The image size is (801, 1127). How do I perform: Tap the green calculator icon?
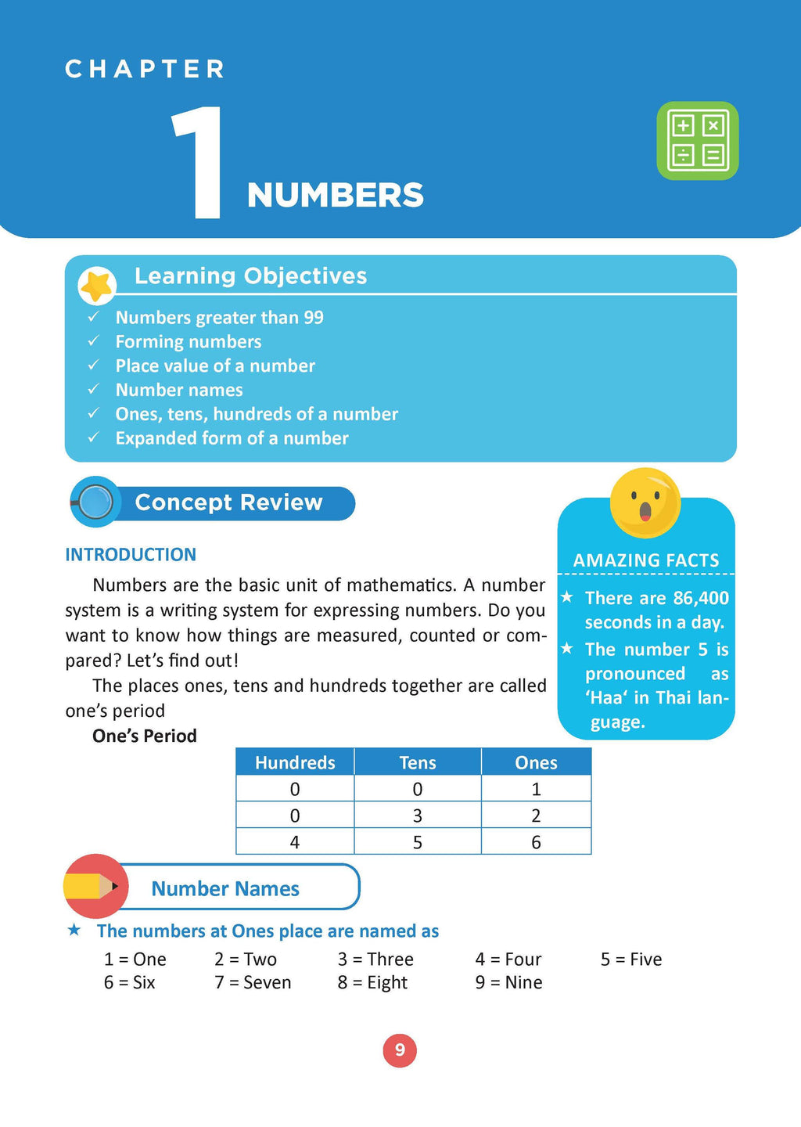(698, 141)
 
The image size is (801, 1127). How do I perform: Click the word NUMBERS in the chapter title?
(335, 196)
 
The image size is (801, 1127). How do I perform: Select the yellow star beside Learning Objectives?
(98, 286)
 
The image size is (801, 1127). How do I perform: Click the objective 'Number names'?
(179, 390)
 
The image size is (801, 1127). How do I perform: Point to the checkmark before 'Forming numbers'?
(94, 341)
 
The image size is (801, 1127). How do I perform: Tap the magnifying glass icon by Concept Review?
(95, 502)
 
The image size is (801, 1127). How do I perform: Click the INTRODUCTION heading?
(131, 555)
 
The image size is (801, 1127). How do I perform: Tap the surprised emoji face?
(645, 502)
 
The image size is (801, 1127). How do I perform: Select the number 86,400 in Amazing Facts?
(701, 598)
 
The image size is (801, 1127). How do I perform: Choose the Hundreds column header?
(295, 762)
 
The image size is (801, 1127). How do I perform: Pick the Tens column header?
(418, 762)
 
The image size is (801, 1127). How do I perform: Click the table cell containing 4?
(295, 842)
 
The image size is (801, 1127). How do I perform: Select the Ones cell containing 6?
(536, 842)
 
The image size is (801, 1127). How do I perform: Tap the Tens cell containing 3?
(418, 816)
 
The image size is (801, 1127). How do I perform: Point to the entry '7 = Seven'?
(253, 982)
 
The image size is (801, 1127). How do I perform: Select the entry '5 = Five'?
(631, 960)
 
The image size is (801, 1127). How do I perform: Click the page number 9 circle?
(400, 1050)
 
